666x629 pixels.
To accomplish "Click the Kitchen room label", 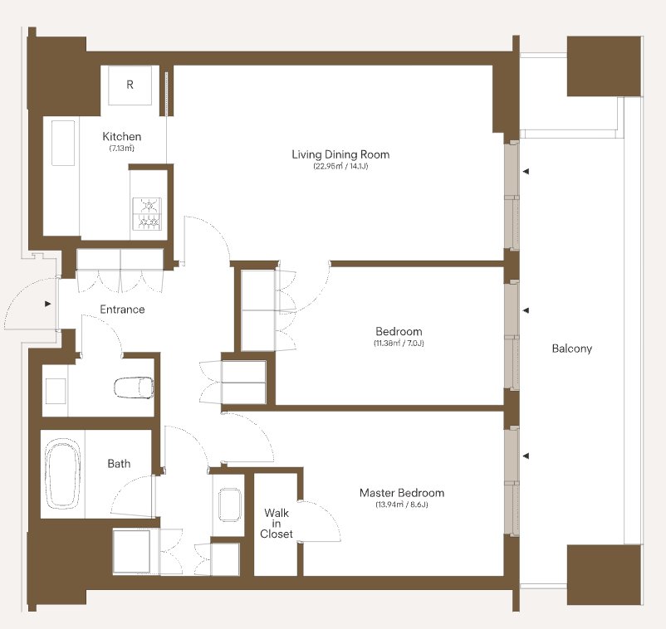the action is click(x=122, y=137).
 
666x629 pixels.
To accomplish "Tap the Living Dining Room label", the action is click(x=340, y=154).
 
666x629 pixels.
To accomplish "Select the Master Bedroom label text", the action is click(x=402, y=493).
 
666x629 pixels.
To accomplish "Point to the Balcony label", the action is click(x=571, y=349).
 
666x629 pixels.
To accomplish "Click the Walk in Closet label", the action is click(x=276, y=524).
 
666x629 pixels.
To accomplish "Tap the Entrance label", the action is click(x=122, y=310).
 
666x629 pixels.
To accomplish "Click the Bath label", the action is click(x=119, y=464).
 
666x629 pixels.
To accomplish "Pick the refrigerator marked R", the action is click(x=130, y=85).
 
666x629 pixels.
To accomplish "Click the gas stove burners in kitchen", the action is click(x=147, y=214).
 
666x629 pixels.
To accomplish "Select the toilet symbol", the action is click(x=134, y=388).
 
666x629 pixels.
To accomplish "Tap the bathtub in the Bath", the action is click(x=63, y=474).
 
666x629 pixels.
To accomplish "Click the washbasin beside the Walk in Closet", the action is click(x=230, y=505).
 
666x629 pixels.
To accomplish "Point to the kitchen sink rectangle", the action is click(x=63, y=143).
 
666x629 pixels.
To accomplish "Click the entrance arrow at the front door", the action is click(x=48, y=304).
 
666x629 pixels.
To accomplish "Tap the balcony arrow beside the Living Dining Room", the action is click(x=526, y=172).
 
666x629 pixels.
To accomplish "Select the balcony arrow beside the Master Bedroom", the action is click(x=526, y=456).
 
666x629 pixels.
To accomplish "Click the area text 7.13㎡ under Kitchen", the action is click(x=122, y=149).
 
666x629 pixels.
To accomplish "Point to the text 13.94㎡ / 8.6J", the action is click(x=402, y=505).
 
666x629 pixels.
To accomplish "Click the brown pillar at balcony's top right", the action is click(x=604, y=66).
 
